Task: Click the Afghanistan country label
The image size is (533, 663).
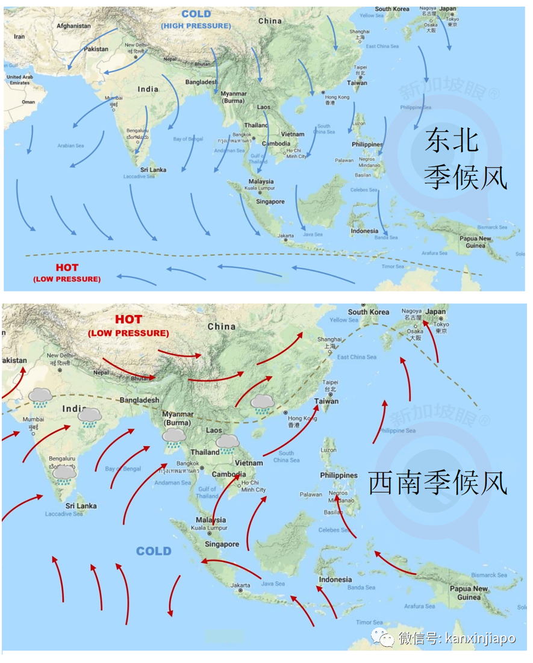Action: tap(73, 26)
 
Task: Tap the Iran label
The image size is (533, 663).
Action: tap(19, 37)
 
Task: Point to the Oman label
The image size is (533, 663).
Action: tap(28, 102)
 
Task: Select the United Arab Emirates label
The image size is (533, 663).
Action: tap(19, 79)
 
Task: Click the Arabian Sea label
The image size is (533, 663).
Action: tap(70, 146)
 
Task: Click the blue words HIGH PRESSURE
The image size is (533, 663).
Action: tap(196, 26)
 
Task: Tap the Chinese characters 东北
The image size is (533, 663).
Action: tap(451, 141)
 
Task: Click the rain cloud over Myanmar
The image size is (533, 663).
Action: tap(174, 437)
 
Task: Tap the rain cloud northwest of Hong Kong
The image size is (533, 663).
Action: tap(262, 403)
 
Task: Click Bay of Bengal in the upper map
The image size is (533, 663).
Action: tap(188, 139)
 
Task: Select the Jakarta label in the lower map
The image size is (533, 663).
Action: tap(240, 585)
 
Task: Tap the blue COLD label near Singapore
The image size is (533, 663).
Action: tap(154, 551)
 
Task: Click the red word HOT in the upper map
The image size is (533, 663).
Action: tap(67, 267)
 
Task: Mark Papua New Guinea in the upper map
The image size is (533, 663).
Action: tap(476, 241)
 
